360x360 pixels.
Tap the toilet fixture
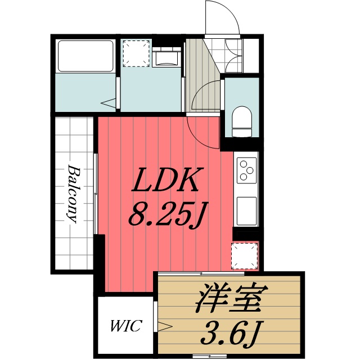tap(242, 121)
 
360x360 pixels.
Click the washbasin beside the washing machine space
tap(166, 58)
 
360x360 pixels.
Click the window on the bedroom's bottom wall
tap(209, 356)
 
